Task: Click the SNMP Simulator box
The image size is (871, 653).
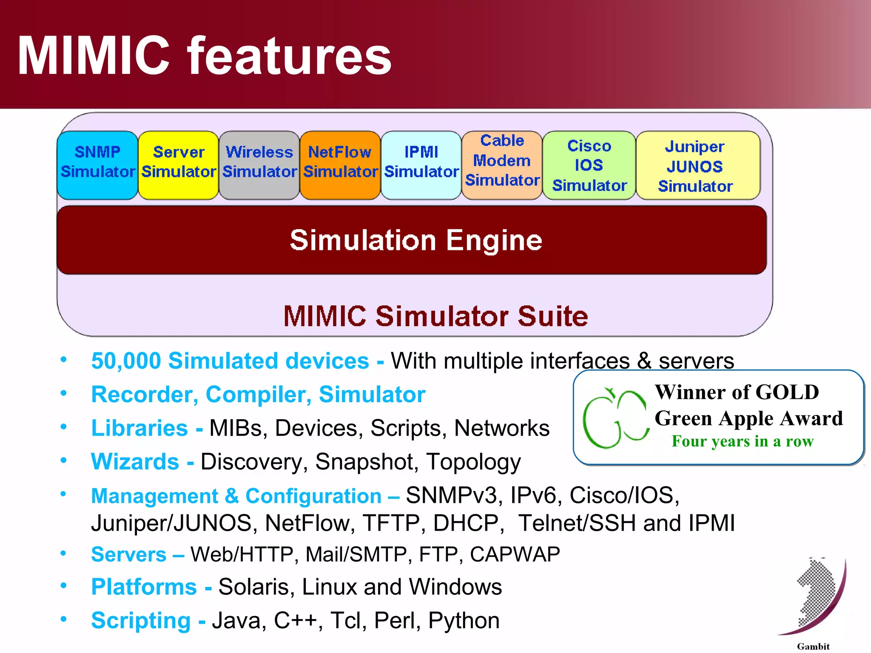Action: tap(97, 165)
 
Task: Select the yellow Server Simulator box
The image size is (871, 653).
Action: tap(178, 165)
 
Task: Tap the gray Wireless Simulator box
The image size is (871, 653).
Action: tap(259, 165)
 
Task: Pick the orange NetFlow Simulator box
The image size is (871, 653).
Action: tap(340, 165)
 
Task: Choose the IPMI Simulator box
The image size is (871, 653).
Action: tap(421, 165)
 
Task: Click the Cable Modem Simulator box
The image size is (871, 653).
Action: tap(502, 165)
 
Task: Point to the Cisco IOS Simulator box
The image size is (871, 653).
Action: tap(589, 165)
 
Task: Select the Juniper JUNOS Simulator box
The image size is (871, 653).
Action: tap(697, 165)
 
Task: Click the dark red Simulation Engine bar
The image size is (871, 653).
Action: tap(412, 240)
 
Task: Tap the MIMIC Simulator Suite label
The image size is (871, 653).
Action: tap(435, 316)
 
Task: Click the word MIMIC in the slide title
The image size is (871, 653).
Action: tap(94, 55)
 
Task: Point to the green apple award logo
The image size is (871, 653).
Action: tap(615, 419)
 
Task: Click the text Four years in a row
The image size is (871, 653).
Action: tap(742, 441)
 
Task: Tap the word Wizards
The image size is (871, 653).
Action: tap(135, 462)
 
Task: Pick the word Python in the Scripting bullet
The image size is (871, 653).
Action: tap(464, 621)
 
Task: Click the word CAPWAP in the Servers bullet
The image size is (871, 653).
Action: tap(515, 554)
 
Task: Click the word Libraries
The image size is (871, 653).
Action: tap(139, 428)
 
